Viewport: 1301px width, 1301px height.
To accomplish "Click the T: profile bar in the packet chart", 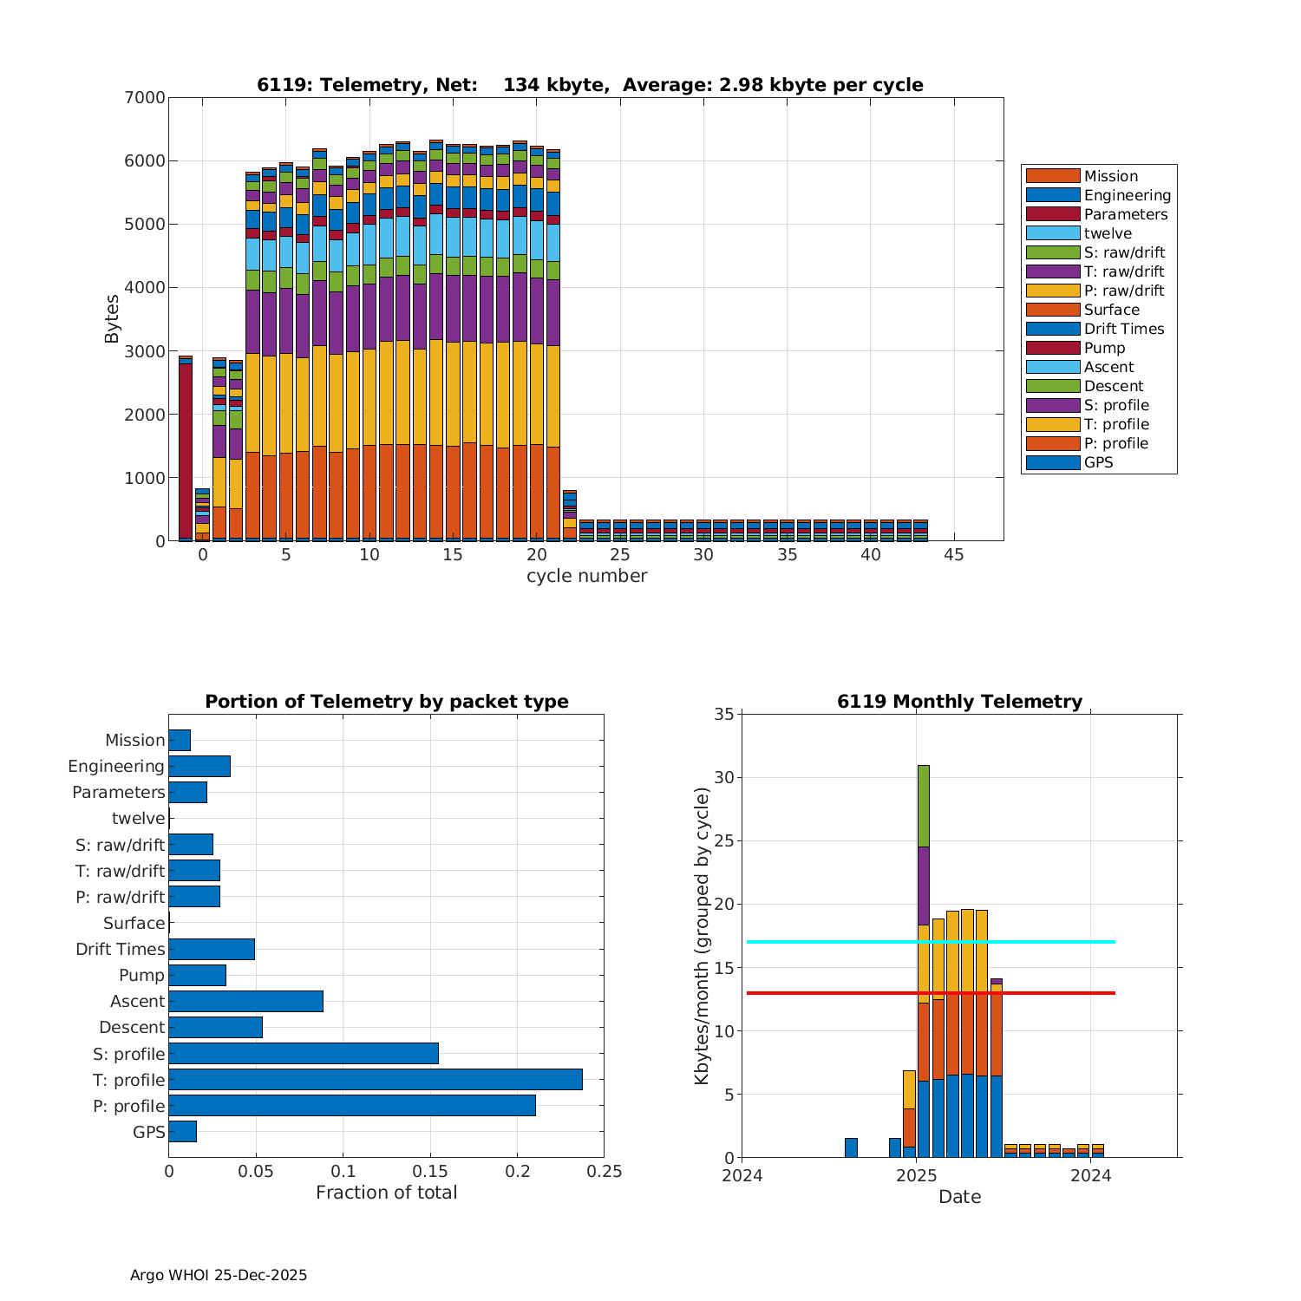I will coord(375,1080).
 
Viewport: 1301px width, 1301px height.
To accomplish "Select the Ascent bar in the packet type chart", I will coord(245,1002).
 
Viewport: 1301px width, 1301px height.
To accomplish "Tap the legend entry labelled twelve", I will coord(1108,233).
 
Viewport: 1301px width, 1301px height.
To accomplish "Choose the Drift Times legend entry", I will coord(1123,329).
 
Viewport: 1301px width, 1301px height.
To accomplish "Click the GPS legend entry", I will coord(1098,462).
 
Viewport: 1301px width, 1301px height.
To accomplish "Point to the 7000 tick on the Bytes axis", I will coord(144,98).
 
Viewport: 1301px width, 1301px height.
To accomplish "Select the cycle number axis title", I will coord(586,576).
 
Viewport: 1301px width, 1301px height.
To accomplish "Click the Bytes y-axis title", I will coord(112,319).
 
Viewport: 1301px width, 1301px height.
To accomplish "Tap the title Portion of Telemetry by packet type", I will coord(387,702).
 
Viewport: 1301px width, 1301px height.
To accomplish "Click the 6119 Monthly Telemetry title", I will coord(959,702).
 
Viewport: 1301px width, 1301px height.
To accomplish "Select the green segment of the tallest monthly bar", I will coord(924,806).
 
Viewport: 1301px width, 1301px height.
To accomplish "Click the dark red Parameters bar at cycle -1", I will coord(186,451).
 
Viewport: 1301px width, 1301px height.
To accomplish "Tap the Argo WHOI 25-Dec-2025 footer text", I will coord(219,1275).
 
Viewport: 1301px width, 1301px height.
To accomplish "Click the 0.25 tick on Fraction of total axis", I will coord(605,1171).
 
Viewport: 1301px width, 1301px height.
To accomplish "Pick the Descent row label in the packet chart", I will coord(132,1028).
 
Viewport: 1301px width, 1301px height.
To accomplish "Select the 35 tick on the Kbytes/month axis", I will coord(723,715).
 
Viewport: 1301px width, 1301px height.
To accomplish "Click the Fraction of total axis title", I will coord(386,1193).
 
